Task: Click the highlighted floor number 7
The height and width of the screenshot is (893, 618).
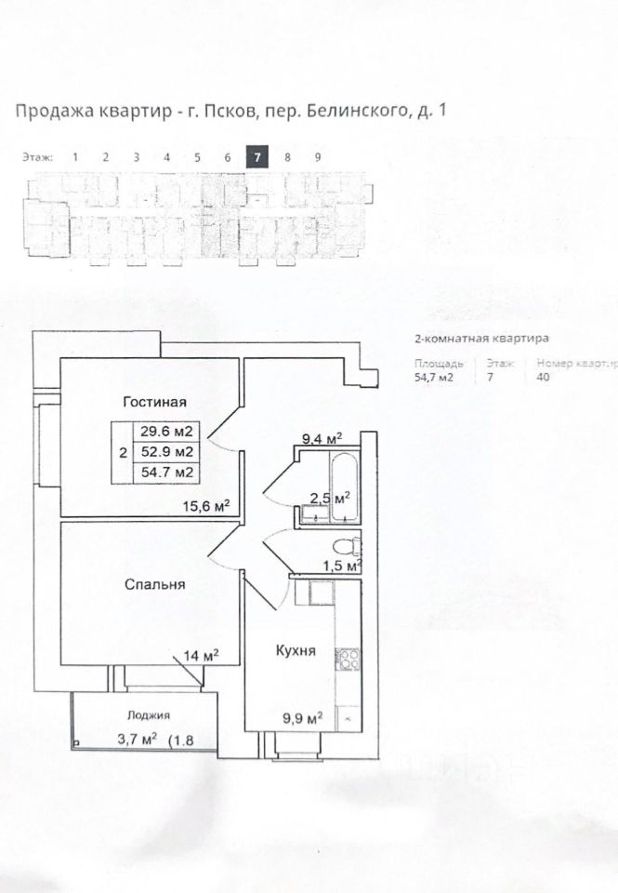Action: pyautogui.click(x=257, y=157)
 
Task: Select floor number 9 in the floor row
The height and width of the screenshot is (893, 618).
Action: pyautogui.click(x=318, y=157)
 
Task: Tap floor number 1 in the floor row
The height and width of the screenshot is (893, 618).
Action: pyautogui.click(x=75, y=157)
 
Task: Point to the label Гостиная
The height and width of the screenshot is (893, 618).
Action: pyautogui.click(x=156, y=402)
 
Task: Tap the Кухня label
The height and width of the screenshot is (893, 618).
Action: pyautogui.click(x=296, y=651)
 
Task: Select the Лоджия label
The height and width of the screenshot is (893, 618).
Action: pyautogui.click(x=149, y=716)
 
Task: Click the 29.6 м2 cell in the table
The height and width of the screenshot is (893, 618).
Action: pyautogui.click(x=166, y=432)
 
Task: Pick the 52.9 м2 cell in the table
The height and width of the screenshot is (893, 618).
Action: pyautogui.click(x=166, y=452)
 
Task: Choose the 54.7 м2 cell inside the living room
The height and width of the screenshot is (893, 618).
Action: pyautogui.click(x=166, y=473)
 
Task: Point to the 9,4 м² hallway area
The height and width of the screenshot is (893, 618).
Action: pyautogui.click(x=322, y=437)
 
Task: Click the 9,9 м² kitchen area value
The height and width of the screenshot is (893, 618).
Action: pyautogui.click(x=302, y=717)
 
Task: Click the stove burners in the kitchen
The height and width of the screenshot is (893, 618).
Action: pyautogui.click(x=348, y=659)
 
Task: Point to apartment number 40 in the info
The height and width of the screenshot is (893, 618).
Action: pyautogui.click(x=544, y=378)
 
